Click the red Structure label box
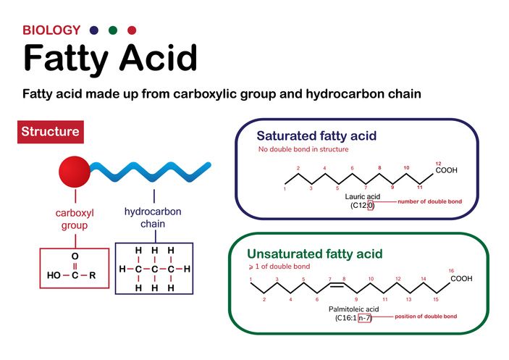(50, 132)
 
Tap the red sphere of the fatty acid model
(75, 172)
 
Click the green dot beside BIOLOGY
(113, 30)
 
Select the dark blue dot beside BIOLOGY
(94, 30)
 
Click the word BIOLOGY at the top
(51, 30)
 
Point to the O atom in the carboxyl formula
(75, 256)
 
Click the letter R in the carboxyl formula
(93, 275)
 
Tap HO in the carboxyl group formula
(54, 275)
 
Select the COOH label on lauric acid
(446, 170)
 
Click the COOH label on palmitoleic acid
(461, 279)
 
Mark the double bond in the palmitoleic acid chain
(337, 285)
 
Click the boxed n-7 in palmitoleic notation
(364, 318)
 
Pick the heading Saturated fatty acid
(316, 135)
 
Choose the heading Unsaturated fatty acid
(314, 254)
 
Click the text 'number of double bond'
(430, 201)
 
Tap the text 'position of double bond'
(426, 317)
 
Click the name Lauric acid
(362, 197)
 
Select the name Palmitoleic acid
(353, 309)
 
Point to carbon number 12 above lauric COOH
(438, 164)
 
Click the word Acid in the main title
(159, 58)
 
